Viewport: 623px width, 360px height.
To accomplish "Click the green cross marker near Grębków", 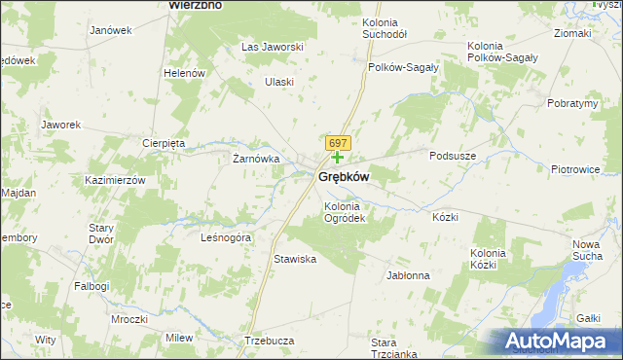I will (x=337, y=156).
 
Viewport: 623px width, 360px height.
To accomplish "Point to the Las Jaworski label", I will (x=274, y=47).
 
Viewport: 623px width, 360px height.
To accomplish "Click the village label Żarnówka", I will (x=256, y=159).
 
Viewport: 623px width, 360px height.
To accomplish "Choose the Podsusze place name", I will (x=453, y=154).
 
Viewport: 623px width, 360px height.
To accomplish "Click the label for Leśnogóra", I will (x=226, y=237).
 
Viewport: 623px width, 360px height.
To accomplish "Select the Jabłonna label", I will (x=408, y=275).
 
